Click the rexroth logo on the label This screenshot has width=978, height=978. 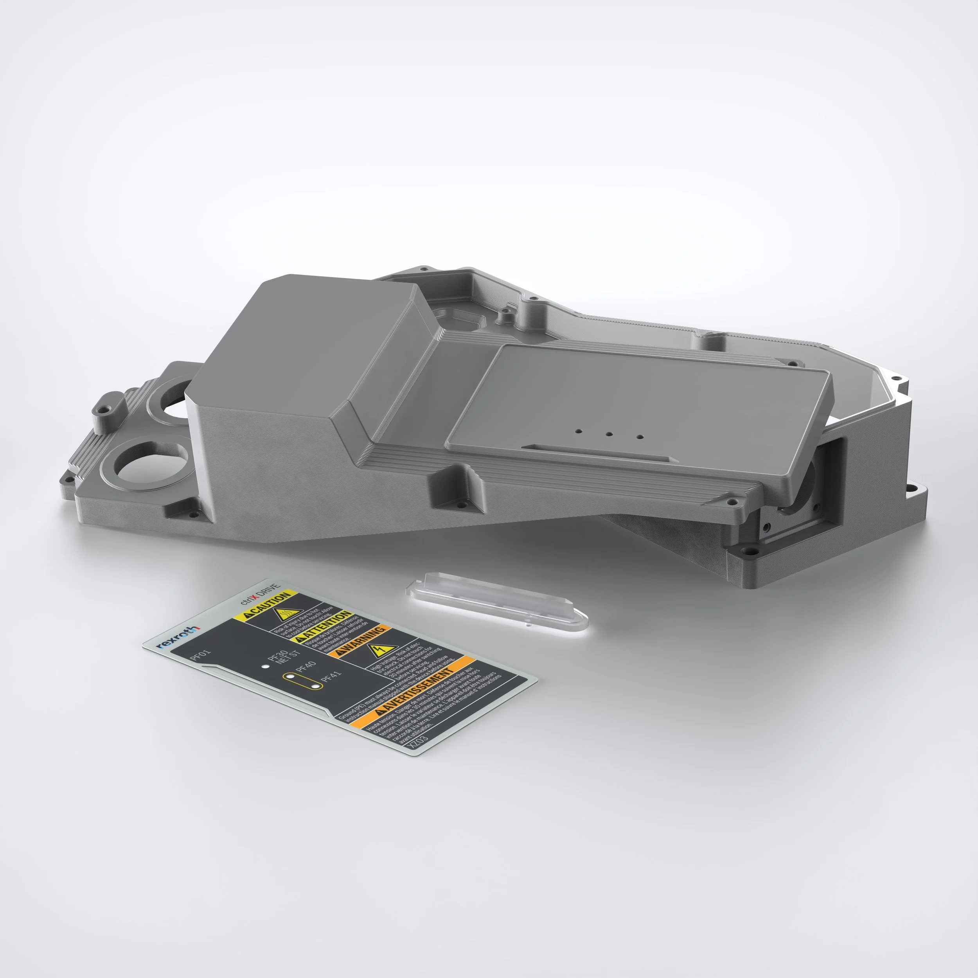coord(178,637)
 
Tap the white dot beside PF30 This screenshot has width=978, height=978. coord(265,666)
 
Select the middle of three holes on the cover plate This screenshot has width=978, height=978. coord(609,434)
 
